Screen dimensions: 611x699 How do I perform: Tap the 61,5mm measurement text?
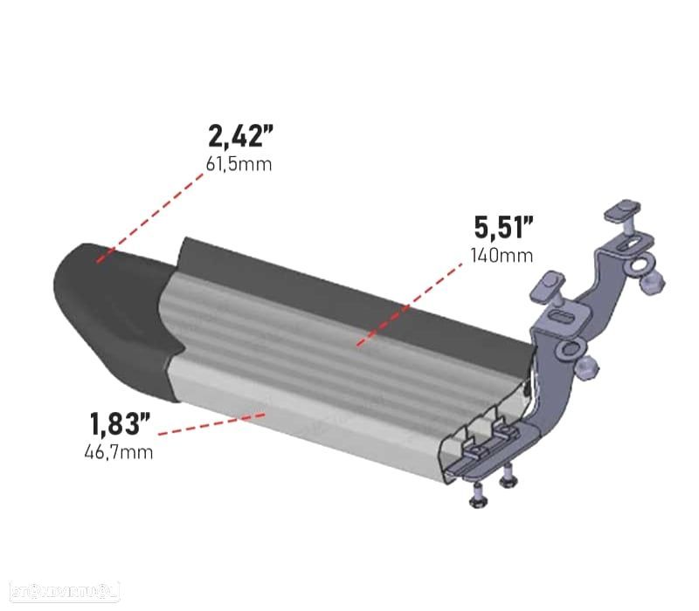(x=239, y=163)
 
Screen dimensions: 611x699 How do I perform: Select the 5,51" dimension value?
(x=502, y=229)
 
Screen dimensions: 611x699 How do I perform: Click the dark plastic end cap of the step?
(x=105, y=297)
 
